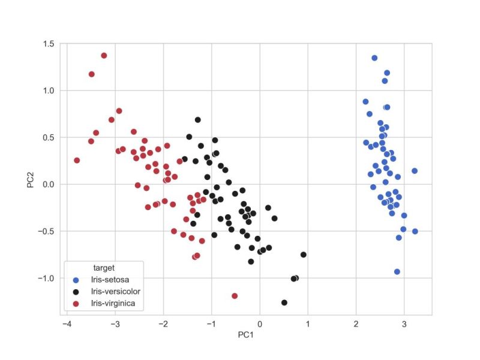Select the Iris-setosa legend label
point(110,280)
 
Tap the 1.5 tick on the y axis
point(48,44)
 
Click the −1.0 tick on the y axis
point(46,278)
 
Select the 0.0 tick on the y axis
point(48,184)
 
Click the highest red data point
point(104,55)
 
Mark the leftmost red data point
point(77,160)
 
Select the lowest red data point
point(235,296)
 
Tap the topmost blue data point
point(374,58)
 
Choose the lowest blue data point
point(397,272)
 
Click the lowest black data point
point(284,302)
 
